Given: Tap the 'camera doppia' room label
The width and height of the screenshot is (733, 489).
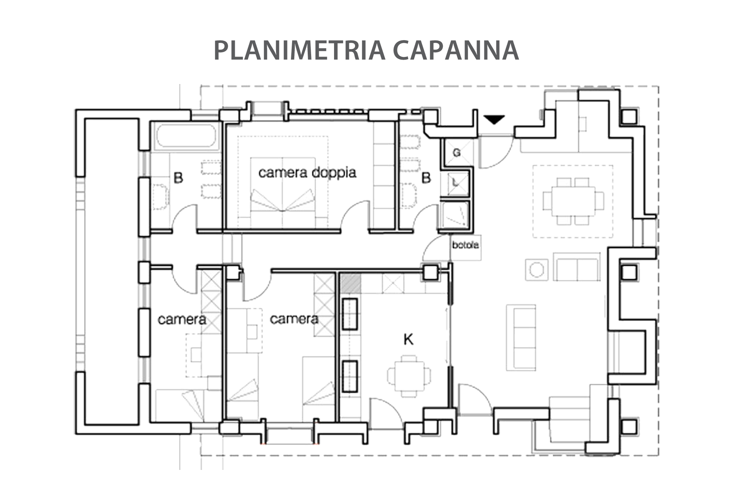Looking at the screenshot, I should point(307,173).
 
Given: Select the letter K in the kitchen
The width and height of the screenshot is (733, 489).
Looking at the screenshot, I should point(408,339).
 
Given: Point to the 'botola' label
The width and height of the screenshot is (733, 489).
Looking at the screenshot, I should point(465,245).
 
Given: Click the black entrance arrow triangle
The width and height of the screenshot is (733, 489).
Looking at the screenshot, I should point(494,120).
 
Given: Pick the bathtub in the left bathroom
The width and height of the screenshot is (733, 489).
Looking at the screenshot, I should point(186,136).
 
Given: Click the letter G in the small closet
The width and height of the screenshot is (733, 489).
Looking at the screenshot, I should point(456,152).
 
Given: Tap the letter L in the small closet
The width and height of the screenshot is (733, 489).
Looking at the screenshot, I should point(455,183).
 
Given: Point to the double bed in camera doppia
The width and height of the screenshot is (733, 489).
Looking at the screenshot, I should point(283,191).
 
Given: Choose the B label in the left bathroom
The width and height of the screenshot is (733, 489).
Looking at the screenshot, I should point(178,178).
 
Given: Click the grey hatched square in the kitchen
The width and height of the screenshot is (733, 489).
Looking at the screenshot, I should point(350,283).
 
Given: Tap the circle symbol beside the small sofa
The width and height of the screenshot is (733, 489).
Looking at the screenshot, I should point(536,270).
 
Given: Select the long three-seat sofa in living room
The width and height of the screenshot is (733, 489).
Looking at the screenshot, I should point(521,337).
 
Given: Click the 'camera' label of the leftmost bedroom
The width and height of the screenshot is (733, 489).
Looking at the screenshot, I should point(182,319).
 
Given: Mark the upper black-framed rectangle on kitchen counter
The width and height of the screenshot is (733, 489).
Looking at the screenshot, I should point(350,314).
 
